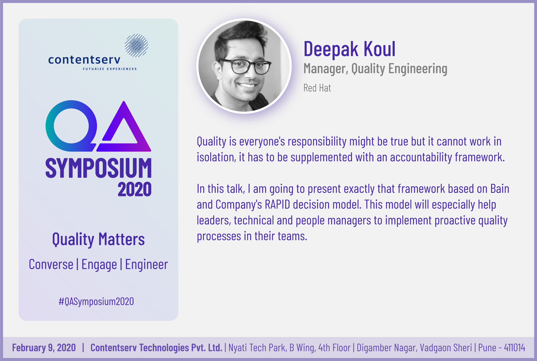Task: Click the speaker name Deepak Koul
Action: pos(349,49)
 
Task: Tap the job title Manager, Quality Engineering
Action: pos(375,69)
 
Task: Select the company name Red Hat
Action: pos(317,88)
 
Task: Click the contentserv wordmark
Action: pos(84,60)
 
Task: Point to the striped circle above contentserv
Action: pos(136,45)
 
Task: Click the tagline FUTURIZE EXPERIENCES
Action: pos(110,69)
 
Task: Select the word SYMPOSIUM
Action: pos(99,168)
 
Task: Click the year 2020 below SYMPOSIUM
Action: pos(135,189)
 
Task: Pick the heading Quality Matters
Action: pos(99,239)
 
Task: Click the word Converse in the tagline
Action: pos(51,265)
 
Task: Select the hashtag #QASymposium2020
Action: pos(96,302)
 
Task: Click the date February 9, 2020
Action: pos(44,348)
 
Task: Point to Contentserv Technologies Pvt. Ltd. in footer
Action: pos(156,348)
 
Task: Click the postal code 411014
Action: pos(514,348)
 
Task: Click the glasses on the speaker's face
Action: pos(244,66)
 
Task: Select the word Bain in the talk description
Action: pos(500,189)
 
